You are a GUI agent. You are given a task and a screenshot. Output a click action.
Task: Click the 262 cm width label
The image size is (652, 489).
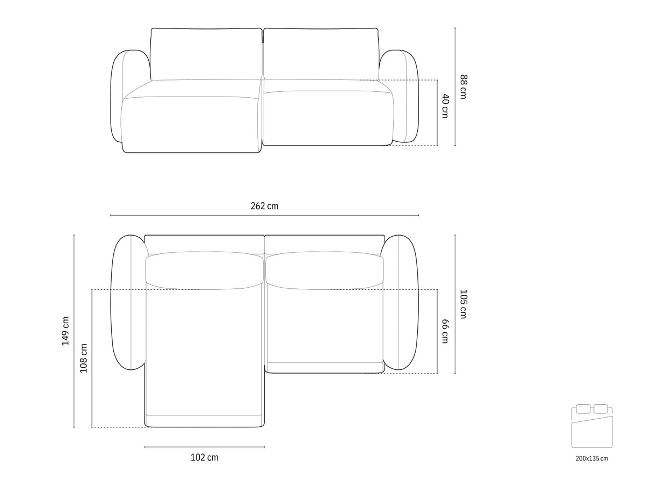264,206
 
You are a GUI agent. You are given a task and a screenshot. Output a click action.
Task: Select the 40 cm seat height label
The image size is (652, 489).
446,106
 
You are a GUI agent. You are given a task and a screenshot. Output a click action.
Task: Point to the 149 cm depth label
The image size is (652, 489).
66,331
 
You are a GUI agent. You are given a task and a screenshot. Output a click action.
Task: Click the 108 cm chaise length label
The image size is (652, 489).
83,358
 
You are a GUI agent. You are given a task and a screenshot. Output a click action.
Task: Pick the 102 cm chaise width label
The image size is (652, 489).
205,457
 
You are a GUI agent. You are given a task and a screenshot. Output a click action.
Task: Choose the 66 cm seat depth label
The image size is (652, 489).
446,331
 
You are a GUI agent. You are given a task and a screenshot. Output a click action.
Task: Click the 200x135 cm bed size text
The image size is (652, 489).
592,458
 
